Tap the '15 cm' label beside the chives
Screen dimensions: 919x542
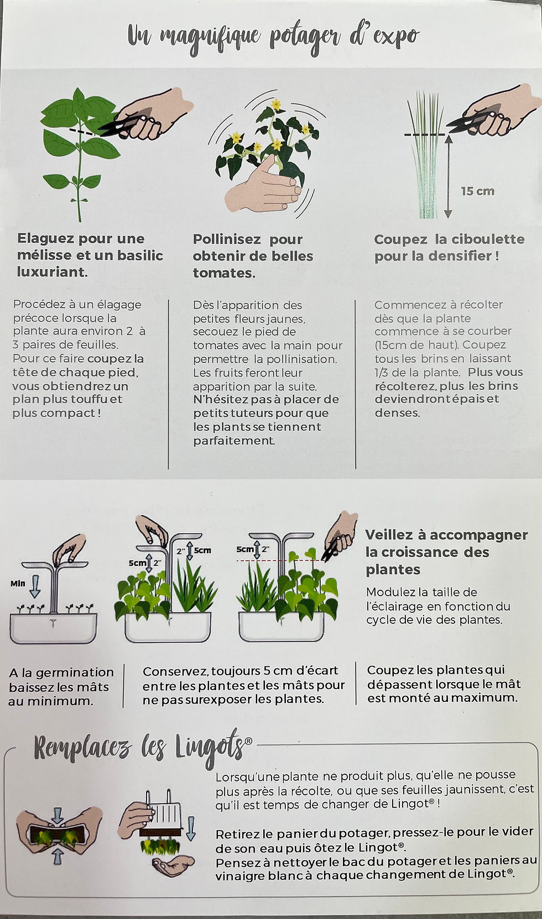tap(477, 191)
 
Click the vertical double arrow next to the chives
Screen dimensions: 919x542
tap(448, 177)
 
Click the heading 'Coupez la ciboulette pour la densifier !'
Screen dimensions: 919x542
tap(449, 248)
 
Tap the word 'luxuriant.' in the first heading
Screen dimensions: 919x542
tap(52, 272)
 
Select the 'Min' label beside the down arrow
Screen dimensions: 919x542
tap(18, 584)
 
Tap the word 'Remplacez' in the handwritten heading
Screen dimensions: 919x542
tap(83, 748)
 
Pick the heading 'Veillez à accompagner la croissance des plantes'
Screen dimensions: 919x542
tap(446, 552)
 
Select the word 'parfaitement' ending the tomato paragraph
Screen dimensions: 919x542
tap(233, 441)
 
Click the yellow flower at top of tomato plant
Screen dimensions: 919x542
tap(275, 104)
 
